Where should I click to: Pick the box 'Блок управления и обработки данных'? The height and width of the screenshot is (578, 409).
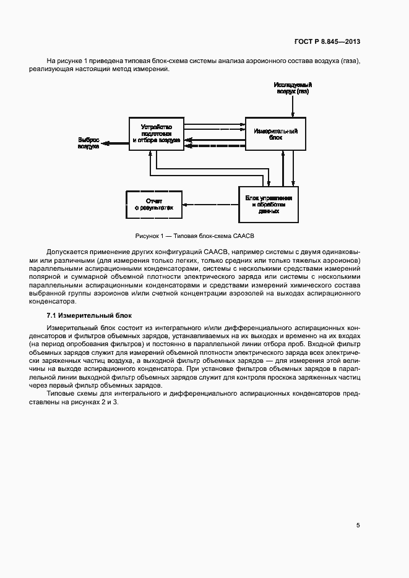pos(269,203)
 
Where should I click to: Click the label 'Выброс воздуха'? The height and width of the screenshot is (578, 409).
pos(88,143)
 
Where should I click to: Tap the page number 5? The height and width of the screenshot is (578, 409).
pos(358,525)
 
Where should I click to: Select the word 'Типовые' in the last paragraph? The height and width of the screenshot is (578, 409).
pos(60,394)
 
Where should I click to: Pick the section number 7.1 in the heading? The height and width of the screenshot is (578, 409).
pos(52,316)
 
